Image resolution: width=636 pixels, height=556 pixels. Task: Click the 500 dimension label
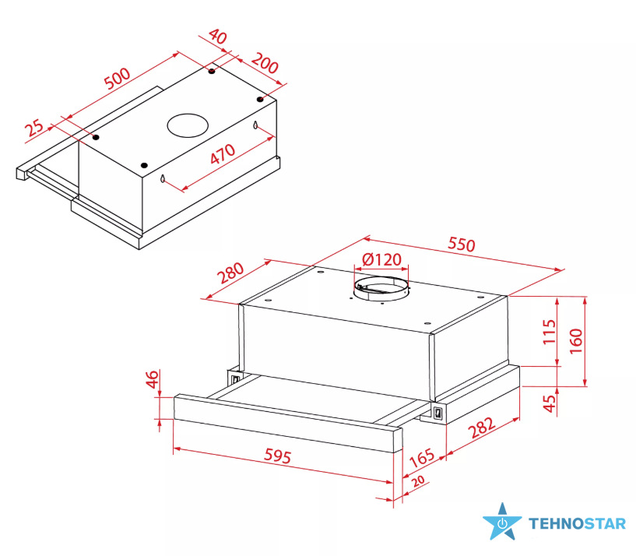pyautogui.click(x=118, y=78)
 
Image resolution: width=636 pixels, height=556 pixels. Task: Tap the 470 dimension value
pyautogui.click(x=223, y=154)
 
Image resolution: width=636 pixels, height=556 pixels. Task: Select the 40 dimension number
pyautogui.click(x=218, y=37)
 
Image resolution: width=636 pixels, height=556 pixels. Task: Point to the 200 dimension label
pyautogui.click(x=265, y=63)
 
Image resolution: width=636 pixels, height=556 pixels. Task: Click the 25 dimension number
pyautogui.click(x=34, y=128)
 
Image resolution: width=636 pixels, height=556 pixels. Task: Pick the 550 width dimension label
pyautogui.click(x=461, y=245)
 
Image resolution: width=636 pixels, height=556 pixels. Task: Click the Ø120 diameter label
pyautogui.click(x=381, y=259)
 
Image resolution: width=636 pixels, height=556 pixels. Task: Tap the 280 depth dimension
pyautogui.click(x=230, y=273)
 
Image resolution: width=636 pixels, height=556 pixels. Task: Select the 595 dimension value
pyautogui.click(x=277, y=456)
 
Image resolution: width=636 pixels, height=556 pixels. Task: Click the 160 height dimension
pyautogui.click(x=575, y=341)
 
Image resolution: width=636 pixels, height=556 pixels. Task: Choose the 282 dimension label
pyautogui.click(x=482, y=428)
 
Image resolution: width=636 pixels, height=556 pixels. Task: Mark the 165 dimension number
pyautogui.click(x=422, y=458)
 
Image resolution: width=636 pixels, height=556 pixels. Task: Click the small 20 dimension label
pyautogui.click(x=418, y=481)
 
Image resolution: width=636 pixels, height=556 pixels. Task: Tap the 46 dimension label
pyautogui.click(x=152, y=379)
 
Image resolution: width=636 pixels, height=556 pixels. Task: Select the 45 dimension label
pyautogui.click(x=549, y=403)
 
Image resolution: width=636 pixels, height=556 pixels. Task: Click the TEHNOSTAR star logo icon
pyautogui.click(x=502, y=522)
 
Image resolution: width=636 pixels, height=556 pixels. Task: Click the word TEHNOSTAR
pyautogui.click(x=577, y=523)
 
